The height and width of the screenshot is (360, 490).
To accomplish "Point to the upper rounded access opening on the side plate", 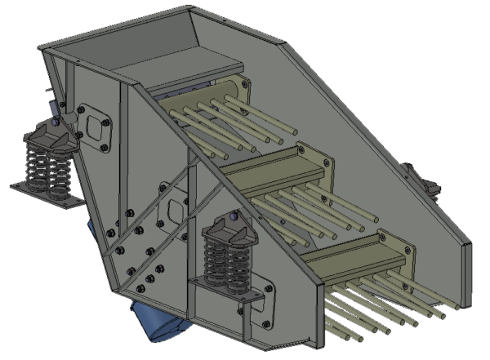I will [96, 126].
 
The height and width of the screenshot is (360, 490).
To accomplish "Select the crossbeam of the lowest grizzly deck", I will [343, 253].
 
